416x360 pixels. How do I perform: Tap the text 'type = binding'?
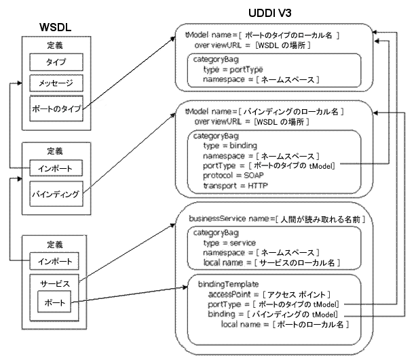click(x=231, y=146)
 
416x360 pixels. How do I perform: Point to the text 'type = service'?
click(x=231, y=243)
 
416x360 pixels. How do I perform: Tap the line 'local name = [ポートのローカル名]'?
click(x=285, y=325)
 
